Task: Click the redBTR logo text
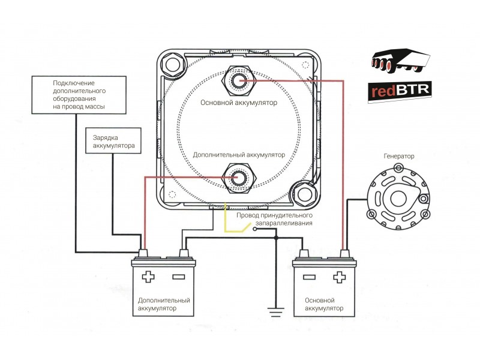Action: [x=400, y=91]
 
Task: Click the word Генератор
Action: [x=398, y=156]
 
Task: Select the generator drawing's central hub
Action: [x=398, y=198]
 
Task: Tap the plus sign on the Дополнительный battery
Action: [x=148, y=277]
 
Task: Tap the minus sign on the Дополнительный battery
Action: [x=178, y=277]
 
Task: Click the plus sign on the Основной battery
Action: [x=339, y=277]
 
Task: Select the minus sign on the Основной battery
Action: [x=309, y=277]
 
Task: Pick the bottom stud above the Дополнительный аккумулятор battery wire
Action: [x=238, y=178]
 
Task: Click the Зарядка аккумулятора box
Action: [x=113, y=140]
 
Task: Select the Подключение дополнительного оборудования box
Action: [x=79, y=95]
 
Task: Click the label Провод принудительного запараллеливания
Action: [x=275, y=219]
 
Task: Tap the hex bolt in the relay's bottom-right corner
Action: [x=304, y=194]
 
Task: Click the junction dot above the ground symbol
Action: [x=276, y=238]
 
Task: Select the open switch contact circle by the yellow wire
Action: [x=254, y=229]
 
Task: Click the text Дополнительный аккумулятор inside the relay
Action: [x=239, y=155]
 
